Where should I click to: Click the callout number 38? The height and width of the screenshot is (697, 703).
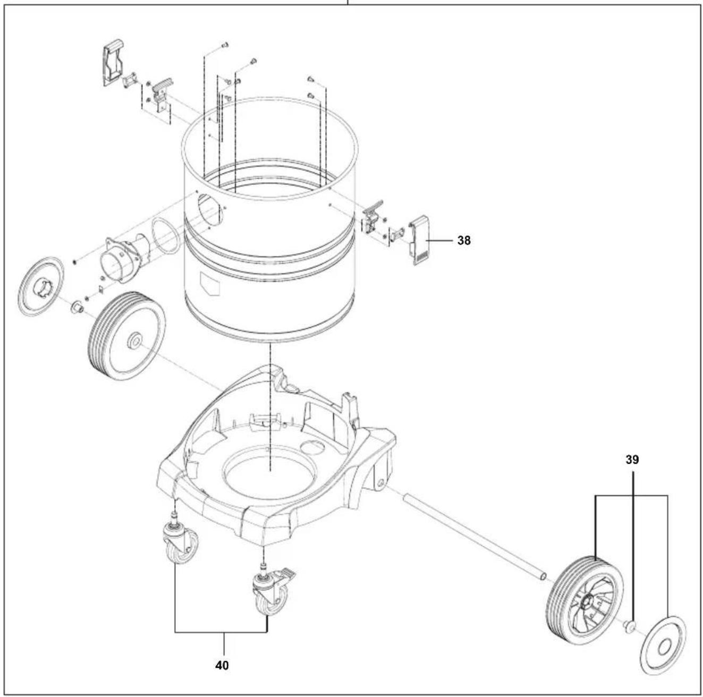(x=463, y=241)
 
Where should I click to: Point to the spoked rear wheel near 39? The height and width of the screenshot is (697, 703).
(x=585, y=600)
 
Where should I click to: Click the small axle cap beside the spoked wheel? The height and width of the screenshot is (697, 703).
(x=630, y=627)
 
